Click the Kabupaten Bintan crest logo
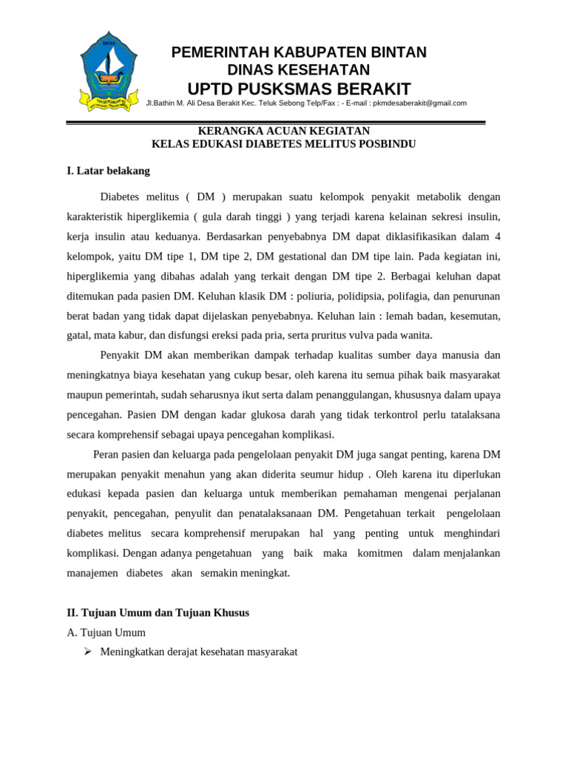point(109,72)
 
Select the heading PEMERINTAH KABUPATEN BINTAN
point(299,52)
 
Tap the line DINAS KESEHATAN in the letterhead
point(298,70)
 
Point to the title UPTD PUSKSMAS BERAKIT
point(299,89)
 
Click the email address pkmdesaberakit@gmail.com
point(419,103)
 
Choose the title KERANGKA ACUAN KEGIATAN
point(283,132)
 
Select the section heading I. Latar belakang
point(108,171)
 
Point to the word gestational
point(296,257)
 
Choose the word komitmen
point(382,554)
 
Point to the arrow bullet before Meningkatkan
point(87,652)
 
